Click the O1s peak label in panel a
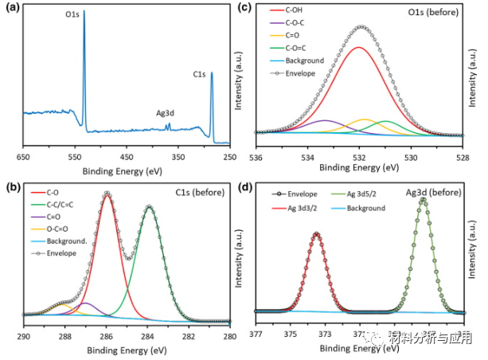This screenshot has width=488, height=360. (72, 14)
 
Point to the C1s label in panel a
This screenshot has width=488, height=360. (199, 75)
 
